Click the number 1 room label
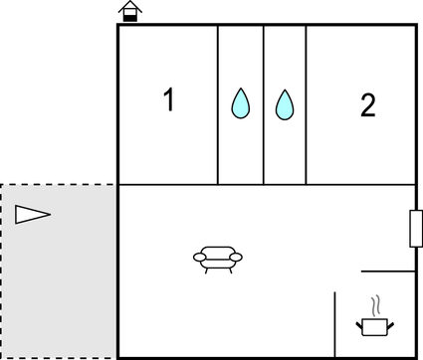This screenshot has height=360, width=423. point(169,100)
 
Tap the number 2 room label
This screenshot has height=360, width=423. point(367,105)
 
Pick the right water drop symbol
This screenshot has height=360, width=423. point(286,104)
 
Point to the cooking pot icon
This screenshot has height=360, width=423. point(375,323)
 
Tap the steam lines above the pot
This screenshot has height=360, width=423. point(375,303)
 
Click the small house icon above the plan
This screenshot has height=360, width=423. point(128,12)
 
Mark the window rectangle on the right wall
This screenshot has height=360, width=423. point(415,228)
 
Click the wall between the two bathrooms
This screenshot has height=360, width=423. point(264,104)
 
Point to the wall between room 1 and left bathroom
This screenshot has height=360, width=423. point(218,104)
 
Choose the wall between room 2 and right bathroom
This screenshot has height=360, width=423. point(306,104)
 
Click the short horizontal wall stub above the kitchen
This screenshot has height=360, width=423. point(388,270)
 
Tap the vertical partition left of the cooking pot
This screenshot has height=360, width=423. point(335,324)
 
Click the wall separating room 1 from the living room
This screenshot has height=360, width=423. point(167,185)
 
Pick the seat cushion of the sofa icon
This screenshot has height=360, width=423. point(217,262)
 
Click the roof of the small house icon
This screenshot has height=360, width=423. point(128,7)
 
